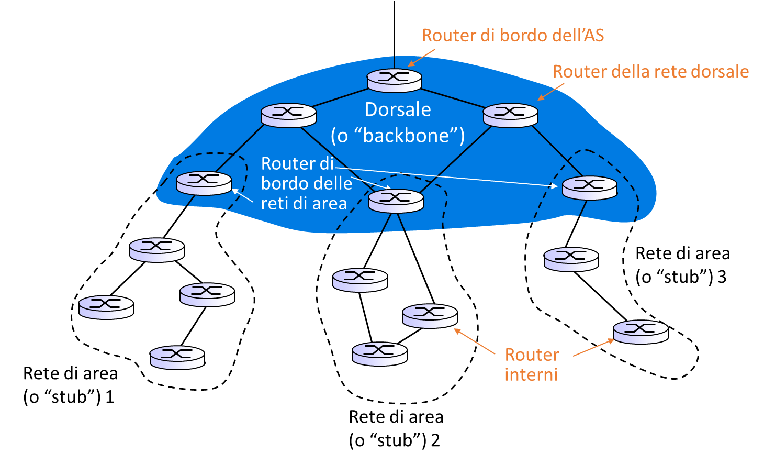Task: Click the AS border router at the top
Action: click(x=394, y=80)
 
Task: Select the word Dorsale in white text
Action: click(x=398, y=109)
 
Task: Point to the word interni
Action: click(x=531, y=375)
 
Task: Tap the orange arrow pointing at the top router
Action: click(x=421, y=58)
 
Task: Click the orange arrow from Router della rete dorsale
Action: click(x=550, y=92)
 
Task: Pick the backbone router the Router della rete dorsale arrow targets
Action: click(x=510, y=115)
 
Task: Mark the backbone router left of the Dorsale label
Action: click(x=288, y=115)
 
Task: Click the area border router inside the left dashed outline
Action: click(x=204, y=183)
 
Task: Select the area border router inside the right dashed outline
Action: click(x=589, y=187)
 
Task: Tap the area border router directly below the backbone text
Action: click(x=396, y=201)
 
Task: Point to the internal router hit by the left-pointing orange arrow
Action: click(x=430, y=316)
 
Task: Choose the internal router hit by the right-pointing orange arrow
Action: click(x=641, y=332)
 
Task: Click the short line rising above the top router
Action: click(x=394, y=62)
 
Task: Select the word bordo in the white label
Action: click(x=283, y=184)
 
